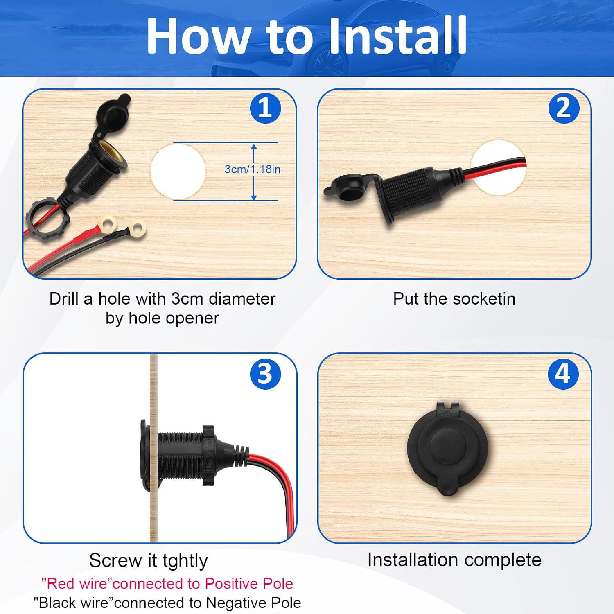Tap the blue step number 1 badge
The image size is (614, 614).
[266, 108]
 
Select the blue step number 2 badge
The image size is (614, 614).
[564, 108]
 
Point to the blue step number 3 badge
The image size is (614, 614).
[266, 374]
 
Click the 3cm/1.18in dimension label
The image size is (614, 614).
[253, 169]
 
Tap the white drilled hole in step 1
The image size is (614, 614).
[178, 172]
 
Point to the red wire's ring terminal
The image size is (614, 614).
[107, 223]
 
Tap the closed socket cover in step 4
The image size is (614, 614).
[447, 448]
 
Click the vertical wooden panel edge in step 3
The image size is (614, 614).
[153, 448]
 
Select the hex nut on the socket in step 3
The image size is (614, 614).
[208, 455]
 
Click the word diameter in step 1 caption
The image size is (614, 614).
[242, 299]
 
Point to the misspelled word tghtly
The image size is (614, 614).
[185, 561]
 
